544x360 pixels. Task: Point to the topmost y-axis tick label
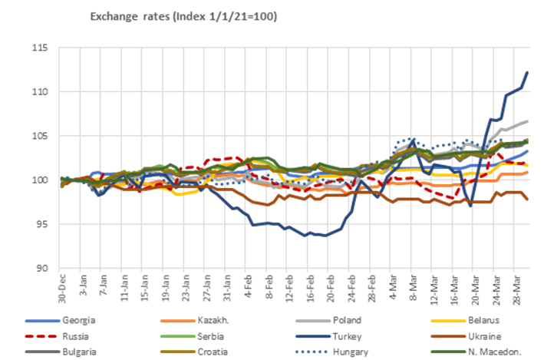pos(39,48)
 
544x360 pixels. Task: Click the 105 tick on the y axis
pos(39,137)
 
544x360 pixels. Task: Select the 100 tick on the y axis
pos(39,180)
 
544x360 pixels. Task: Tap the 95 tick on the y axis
pos(41,224)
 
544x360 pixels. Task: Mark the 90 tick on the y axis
pos(41,268)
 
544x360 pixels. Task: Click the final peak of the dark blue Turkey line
pos(527,72)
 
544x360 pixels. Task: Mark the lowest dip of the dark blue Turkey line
pos(323,236)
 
